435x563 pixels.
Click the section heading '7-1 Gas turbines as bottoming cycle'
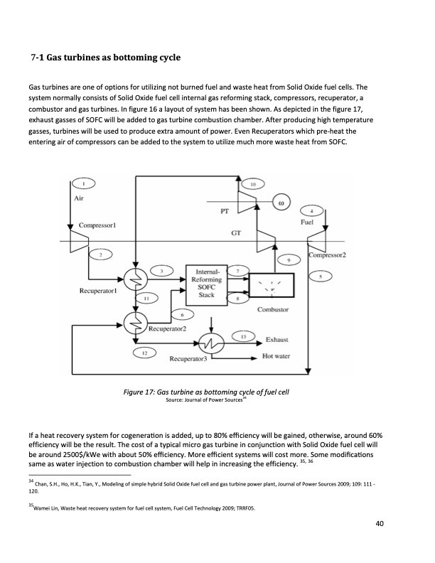click(106, 56)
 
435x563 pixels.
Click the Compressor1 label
click(98, 225)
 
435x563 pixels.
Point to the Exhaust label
click(276, 341)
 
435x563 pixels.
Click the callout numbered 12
click(145, 353)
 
